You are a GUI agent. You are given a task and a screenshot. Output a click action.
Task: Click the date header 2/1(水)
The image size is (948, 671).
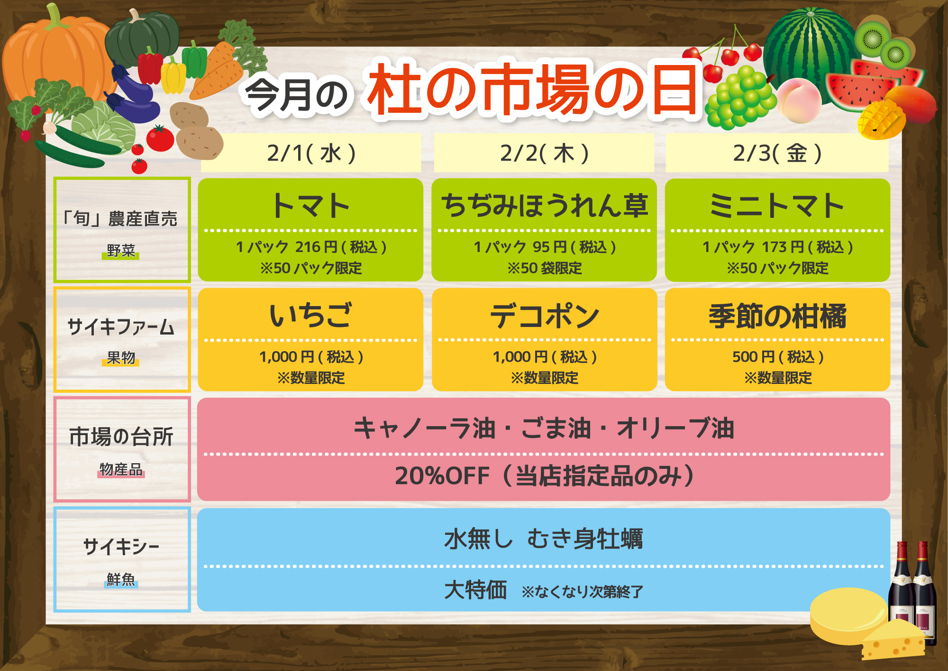pyautogui.click(x=311, y=153)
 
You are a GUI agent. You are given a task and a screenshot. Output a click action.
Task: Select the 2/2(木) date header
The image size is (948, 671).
pyautogui.click(x=544, y=153)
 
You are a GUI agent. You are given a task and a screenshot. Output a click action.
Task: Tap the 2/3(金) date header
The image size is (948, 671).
pyautogui.click(x=777, y=153)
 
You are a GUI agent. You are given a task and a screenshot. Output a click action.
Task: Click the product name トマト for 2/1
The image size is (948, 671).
pyautogui.click(x=311, y=206)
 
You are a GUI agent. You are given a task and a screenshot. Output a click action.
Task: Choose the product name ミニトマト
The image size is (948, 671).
pyautogui.click(x=777, y=206)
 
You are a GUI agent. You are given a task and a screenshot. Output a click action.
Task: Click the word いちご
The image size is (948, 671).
pyautogui.click(x=311, y=316)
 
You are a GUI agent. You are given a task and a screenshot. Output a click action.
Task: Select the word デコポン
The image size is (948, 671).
pyautogui.click(x=544, y=316)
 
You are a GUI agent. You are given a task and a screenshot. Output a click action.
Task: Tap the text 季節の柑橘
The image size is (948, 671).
pyautogui.click(x=777, y=316)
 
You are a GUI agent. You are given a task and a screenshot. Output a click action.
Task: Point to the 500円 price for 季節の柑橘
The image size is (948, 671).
pyautogui.click(x=754, y=356)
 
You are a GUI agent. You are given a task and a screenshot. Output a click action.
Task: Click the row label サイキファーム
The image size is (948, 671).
pyautogui.click(x=121, y=327)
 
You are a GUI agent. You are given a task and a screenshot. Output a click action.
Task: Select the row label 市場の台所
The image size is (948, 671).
pyautogui.click(x=121, y=437)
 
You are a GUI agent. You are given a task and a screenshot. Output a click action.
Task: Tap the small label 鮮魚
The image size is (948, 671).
pyautogui.click(x=121, y=579)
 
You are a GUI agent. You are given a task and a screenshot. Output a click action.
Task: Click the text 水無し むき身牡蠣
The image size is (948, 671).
pyautogui.click(x=544, y=539)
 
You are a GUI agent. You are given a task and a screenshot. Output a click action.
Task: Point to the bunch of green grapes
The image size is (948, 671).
pyautogui.click(x=739, y=97)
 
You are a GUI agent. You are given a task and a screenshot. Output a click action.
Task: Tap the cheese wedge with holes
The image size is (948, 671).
pyautogui.click(x=891, y=640)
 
